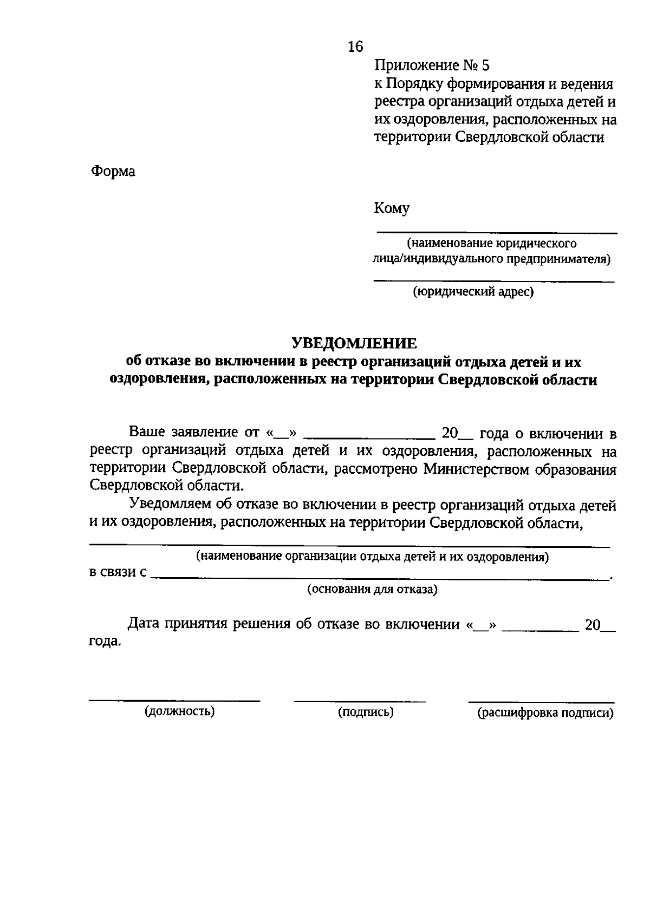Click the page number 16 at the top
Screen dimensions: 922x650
[355, 47]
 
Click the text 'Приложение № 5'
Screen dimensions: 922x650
[431, 66]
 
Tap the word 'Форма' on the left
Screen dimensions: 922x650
[113, 172]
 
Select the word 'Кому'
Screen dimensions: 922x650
[391, 208]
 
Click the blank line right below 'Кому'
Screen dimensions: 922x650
[497, 233]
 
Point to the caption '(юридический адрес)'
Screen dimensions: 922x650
[473, 292]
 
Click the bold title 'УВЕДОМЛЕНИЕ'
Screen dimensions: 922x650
[354, 343]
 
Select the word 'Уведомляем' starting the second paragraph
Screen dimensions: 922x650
[170, 505]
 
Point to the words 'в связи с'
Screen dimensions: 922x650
[118, 572]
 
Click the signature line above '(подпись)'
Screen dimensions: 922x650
[360, 701]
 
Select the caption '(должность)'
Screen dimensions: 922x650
[179, 711]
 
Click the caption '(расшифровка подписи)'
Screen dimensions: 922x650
[545, 713]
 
